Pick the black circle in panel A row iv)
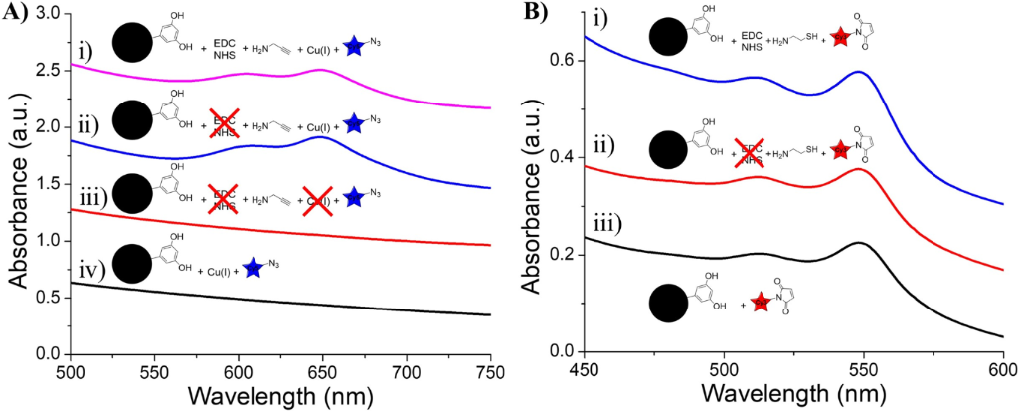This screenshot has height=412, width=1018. pos(131,265)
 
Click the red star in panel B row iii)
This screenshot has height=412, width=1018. pos(761,303)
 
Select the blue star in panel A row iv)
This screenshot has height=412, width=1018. pos(254,267)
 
